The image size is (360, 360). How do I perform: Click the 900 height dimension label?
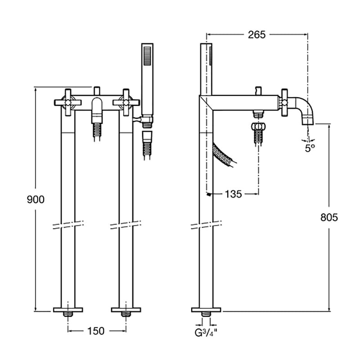pyautogui.click(x=36, y=199)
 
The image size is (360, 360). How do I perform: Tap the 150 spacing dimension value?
pyautogui.click(x=96, y=331)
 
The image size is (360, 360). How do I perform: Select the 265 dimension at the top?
pyautogui.click(x=256, y=35)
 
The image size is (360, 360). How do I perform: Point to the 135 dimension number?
pyautogui.click(x=233, y=194)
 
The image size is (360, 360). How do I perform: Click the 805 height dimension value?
pyautogui.click(x=329, y=217)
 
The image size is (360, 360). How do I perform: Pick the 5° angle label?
pyautogui.click(x=310, y=148)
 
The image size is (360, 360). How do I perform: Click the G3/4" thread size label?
pyautogui.click(x=206, y=333)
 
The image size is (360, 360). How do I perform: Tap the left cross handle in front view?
pyautogui.click(x=68, y=102)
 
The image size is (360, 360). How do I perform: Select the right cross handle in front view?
pyautogui.click(x=126, y=102)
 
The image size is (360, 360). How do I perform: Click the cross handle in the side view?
pyautogui.click(x=285, y=102)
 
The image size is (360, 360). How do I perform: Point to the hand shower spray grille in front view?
pyautogui.click(x=148, y=56)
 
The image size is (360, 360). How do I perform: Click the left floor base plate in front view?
pyautogui.click(x=68, y=310)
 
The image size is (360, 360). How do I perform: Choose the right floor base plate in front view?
pyautogui.click(x=126, y=310)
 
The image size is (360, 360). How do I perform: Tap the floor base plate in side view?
pyautogui.click(x=206, y=310)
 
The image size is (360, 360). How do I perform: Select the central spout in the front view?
pyautogui.click(x=97, y=110)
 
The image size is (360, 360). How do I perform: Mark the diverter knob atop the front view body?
pyautogui.click(x=97, y=91)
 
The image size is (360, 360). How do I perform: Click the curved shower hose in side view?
pyautogui.click(x=224, y=154)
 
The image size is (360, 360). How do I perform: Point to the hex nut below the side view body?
pyautogui.click(x=259, y=126)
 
